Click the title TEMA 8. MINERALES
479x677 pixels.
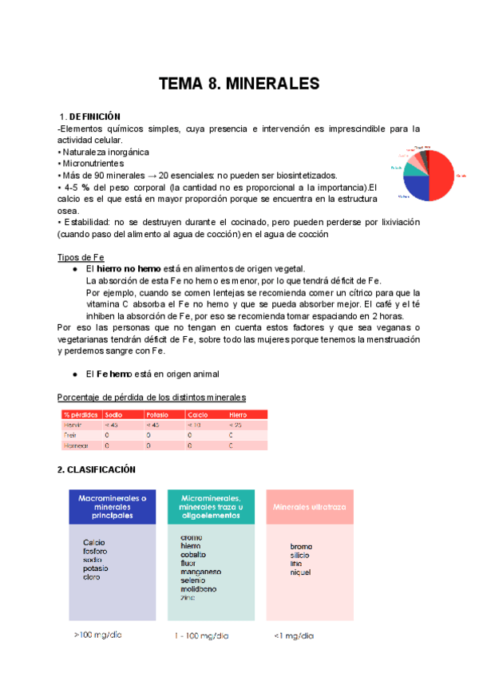tap(239, 84)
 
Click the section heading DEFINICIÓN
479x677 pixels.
tap(94, 117)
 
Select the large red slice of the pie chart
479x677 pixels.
tap(441, 177)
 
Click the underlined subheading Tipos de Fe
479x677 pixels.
tap(81, 257)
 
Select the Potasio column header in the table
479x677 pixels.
tap(157, 414)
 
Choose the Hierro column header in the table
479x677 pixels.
tap(239, 414)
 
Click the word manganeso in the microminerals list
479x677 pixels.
tap(200, 572)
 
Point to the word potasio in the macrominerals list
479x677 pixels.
tap(97, 568)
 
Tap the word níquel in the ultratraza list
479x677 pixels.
tap(301, 572)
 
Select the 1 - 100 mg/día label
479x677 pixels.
tap(200, 635)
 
